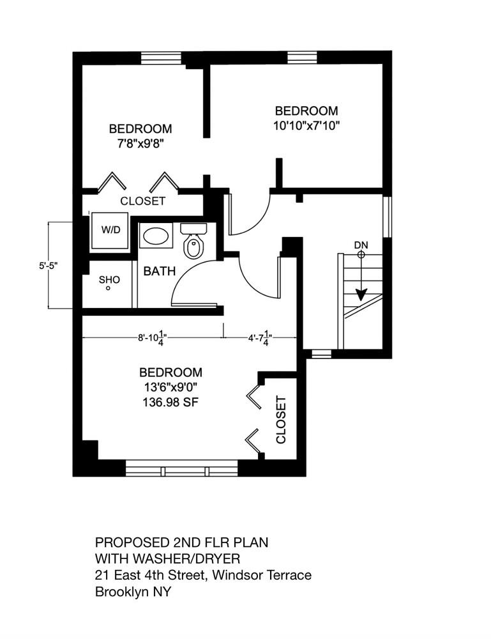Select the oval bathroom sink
pyautogui.click(x=156, y=236)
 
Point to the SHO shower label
pyautogui.click(x=109, y=280)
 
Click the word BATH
pyautogui.click(x=159, y=272)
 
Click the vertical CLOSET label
pyautogui.click(x=280, y=420)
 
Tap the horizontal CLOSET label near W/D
pyautogui.click(x=143, y=201)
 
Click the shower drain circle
pyautogui.click(x=108, y=289)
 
